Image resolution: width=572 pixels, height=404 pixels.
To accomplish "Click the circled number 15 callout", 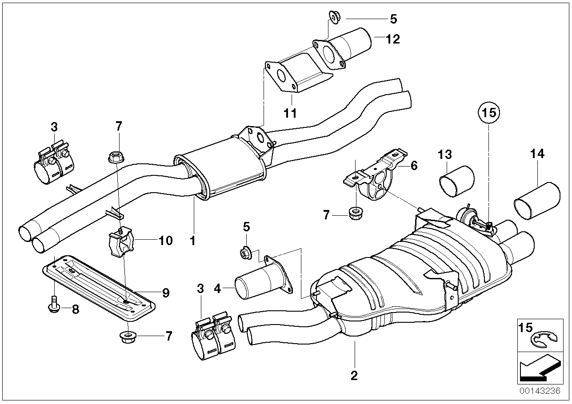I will (x=488, y=113).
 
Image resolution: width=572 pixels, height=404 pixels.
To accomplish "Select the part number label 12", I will (x=393, y=39).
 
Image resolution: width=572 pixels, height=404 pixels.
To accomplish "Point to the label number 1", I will (x=192, y=241).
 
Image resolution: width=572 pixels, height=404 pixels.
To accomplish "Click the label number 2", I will (x=354, y=376).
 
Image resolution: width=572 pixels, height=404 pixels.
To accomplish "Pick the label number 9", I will (x=166, y=293).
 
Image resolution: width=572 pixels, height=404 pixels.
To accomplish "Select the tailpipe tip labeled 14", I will (x=536, y=199).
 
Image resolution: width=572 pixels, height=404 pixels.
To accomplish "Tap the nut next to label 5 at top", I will (x=333, y=17).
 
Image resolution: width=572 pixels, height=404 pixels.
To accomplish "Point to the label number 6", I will (x=414, y=165).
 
